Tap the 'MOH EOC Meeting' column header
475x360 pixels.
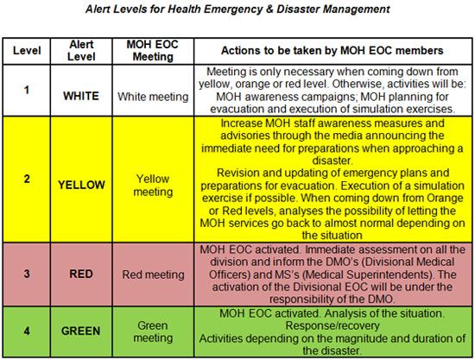pos(152,50)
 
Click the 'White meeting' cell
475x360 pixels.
pos(152,95)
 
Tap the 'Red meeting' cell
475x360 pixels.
pos(152,275)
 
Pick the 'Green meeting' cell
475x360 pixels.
pos(152,330)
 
